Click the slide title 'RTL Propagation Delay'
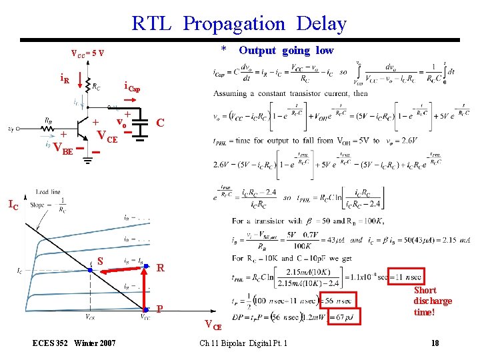(x=239, y=24)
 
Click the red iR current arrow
(x=81, y=81)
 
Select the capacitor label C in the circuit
(x=160, y=123)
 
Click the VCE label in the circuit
(x=107, y=139)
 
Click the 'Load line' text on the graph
(x=48, y=192)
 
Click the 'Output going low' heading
(x=286, y=51)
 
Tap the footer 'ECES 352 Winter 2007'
(x=74, y=343)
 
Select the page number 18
(x=435, y=343)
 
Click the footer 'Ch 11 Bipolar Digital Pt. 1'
(x=243, y=343)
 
